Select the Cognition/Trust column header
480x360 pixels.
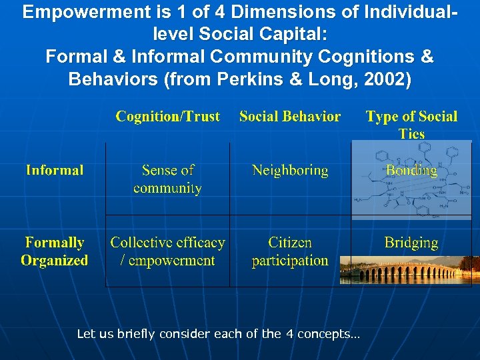[167, 117]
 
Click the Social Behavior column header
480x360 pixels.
[289, 117]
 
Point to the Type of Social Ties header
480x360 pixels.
[411, 124]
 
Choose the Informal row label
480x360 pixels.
[55, 170]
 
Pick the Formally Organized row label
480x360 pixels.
[55, 251]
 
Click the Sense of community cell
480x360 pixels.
[167, 179]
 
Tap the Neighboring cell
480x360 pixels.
[290, 171]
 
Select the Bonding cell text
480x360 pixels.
[411, 171]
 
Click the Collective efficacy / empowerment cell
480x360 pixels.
[167, 251]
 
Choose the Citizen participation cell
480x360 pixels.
[290, 251]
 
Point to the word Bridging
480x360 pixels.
[411, 243]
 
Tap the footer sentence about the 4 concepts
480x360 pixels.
[218, 333]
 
